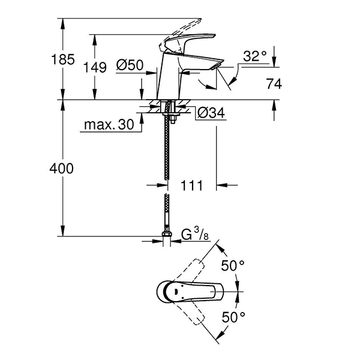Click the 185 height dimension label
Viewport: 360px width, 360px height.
click(x=63, y=59)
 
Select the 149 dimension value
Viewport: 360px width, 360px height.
click(x=97, y=67)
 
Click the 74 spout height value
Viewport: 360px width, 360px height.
click(x=274, y=84)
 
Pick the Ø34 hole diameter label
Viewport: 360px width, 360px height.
click(x=210, y=112)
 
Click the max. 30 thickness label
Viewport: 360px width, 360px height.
click(x=108, y=125)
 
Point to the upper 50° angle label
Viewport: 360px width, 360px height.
click(x=233, y=265)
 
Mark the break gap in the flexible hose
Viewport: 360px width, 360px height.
click(x=166, y=188)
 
